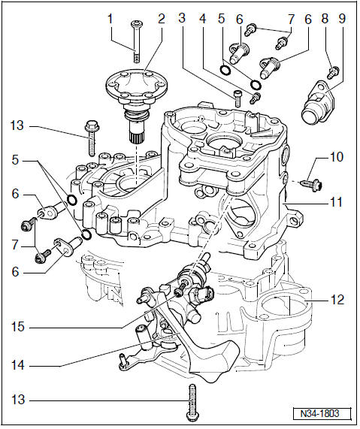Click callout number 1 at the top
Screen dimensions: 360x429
(x=110, y=19)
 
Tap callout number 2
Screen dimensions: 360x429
(x=162, y=19)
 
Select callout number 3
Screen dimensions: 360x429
(x=182, y=18)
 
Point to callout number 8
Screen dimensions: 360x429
(x=325, y=19)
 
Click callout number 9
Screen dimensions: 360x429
(x=342, y=19)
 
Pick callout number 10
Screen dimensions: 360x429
(x=337, y=157)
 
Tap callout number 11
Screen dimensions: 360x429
(x=336, y=202)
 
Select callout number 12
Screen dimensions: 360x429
(x=337, y=300)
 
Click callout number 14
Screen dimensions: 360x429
(x=18, y=365)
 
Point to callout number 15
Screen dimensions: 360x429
(x=18, y=327)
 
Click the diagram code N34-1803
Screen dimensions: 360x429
(x=322, y=413)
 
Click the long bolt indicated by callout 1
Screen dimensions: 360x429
(x=136, y=41)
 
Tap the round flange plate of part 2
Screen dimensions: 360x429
(x=137, y=86)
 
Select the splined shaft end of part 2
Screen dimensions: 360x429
(x=136, y=133)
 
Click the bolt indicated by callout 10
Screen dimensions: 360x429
(x=312, y=184)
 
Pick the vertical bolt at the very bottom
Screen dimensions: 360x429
(x=192, y=403)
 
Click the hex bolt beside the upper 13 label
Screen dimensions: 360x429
(x=92, y=138)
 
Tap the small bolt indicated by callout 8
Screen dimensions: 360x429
(x=334, y=71)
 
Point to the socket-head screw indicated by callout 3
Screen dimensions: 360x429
(x=237, y=98)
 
